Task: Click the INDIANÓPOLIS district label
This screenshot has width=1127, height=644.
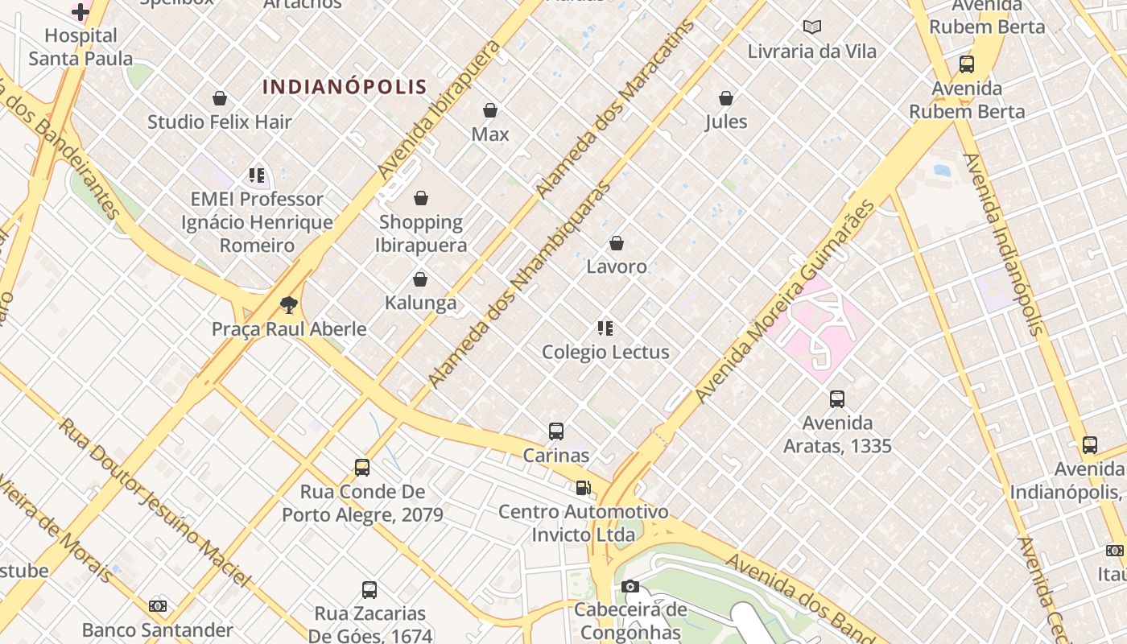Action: (x=345, y=86)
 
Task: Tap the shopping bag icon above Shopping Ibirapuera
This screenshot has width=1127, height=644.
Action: (x=420, y=198)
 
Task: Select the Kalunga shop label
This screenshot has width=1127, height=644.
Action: (x=420, y=303)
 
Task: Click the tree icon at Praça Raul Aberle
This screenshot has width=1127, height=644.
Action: (x=289, y=304)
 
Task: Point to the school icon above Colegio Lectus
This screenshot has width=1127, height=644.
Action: (x=605, y=328)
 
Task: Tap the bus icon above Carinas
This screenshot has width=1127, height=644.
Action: (x=556, y=431)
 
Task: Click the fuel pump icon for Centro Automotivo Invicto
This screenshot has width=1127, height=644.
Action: (x=583, y=487)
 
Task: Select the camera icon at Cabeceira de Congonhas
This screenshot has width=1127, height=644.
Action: (x=630, y=586)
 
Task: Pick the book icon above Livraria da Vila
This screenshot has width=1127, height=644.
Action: (x=812, y=27)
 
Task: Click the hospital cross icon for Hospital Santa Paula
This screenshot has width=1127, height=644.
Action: (x=80, y=11)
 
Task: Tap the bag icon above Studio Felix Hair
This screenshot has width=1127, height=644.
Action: (x=219, y=98)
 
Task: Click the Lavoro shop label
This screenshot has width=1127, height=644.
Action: (x=616, y=266)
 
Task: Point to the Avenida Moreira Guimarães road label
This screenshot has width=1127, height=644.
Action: (x=785, y=302)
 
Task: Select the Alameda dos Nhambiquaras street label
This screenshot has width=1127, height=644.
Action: (x=519, y=286)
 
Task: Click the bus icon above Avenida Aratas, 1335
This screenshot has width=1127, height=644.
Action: (x=837, y=398)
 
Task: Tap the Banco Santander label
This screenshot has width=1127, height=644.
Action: (x=158, y=630)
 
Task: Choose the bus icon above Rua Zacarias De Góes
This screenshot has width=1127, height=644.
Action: (x=369, y=589)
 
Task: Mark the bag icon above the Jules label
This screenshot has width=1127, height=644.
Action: (x=726, y=98)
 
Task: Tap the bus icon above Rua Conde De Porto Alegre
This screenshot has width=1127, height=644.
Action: (x=362, y=467)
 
